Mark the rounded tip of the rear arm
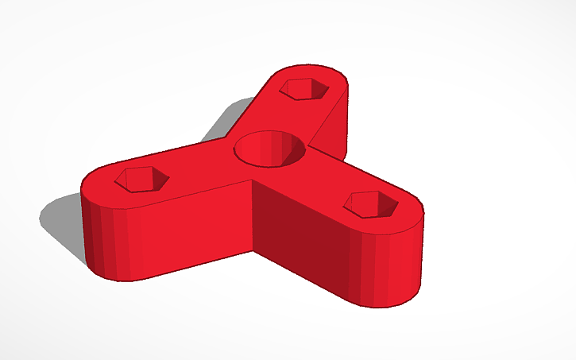(318, 73)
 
